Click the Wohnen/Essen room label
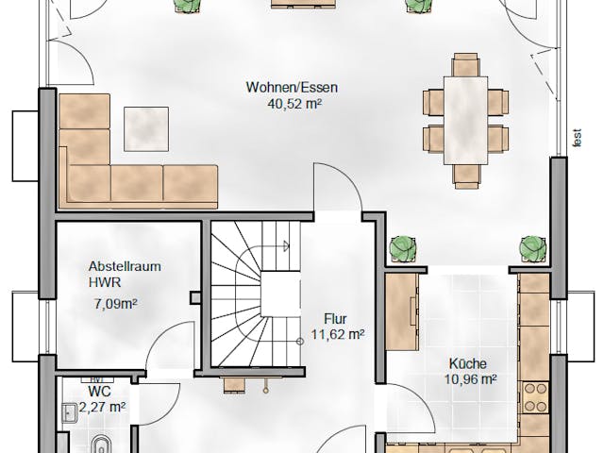point(292,87)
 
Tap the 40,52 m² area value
point(295,104)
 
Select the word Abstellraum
point(125,266)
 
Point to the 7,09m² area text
point(115,304)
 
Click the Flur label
point(335,319)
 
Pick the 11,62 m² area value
point(338,334)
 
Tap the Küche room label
point(468,363)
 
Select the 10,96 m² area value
point(470,379)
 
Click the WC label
point(99,392)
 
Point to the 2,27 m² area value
point(102,407)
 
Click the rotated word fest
point(577,138)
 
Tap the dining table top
point(465,121)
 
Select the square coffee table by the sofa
point(146,129)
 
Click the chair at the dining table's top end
point(466,65)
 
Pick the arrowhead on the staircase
point(287,245)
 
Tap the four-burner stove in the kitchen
point(536,397)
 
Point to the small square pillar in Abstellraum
point(195,298)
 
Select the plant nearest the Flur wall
point(403,249)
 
